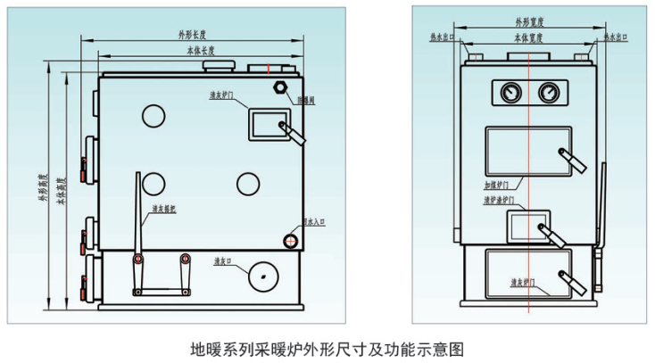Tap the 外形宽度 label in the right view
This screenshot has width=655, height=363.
[x=529, y=21]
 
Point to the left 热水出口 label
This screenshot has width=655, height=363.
[x=441, y=37]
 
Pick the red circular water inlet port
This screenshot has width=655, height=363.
[x=292, y=239]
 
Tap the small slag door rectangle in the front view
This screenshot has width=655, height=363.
[x=528, y=227]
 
